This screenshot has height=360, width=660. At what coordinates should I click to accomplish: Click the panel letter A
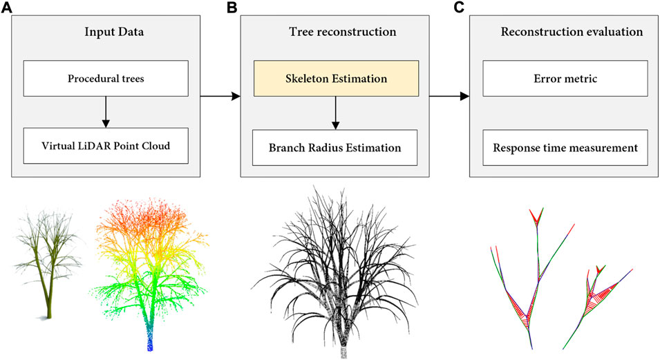(x=7, y=8)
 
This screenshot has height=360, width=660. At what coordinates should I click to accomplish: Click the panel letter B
(x=233, y=8)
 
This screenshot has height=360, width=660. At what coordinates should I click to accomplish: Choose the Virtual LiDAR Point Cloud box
(x=104, y=146)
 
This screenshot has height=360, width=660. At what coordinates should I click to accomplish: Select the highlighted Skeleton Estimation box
(x=335, y=78)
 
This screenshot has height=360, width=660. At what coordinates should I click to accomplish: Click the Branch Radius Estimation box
(x=335, y=146)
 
